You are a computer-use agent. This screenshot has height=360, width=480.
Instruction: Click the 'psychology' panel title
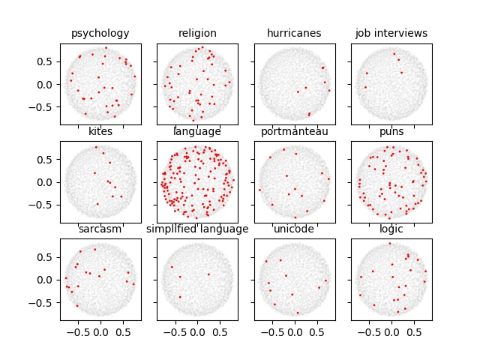(100, 33)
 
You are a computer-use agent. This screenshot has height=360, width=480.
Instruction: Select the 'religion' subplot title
(197, 33)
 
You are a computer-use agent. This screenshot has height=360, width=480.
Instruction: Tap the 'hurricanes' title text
(294, 33)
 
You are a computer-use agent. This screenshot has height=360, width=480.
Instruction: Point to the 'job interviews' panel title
(391, 33)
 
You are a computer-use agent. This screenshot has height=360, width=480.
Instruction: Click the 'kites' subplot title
(100, 132)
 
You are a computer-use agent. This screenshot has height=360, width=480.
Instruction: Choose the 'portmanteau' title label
(294, 132)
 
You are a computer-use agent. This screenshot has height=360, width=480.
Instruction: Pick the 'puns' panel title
(391, 132)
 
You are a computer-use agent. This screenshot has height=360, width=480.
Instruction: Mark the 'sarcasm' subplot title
(100, 229)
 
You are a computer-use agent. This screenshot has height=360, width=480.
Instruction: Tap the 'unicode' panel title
(294, 229)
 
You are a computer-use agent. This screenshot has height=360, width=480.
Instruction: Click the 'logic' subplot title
(391, 229)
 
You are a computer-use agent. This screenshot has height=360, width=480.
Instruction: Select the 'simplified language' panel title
(197, 229)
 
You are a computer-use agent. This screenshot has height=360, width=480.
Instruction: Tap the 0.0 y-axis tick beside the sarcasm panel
(47, 280)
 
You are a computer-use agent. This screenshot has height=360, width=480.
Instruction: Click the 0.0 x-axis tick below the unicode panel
(294, 331)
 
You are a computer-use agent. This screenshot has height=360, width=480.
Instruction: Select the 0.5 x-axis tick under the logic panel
(415, 331)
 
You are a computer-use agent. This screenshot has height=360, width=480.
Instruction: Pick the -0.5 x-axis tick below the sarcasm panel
(77, 331)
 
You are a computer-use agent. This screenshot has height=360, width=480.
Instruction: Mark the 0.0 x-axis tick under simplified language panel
(197, 331)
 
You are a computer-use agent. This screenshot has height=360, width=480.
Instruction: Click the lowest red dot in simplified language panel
(180, 297)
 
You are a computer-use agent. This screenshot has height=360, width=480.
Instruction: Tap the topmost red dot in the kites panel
(96, 148)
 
